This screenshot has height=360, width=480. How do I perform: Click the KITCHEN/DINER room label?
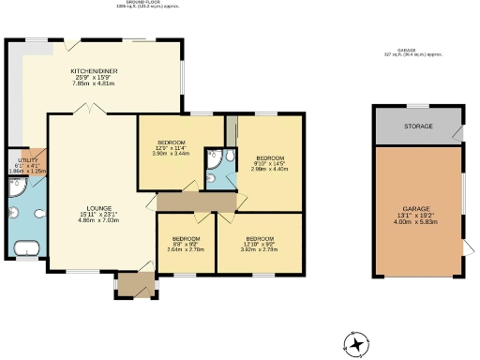click(x=93, y=71)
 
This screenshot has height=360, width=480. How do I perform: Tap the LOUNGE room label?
click(x=99, y=208)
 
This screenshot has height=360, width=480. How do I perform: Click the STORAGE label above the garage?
click(x=418, y=125)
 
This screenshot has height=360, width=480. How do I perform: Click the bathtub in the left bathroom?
click(x=26, y=248)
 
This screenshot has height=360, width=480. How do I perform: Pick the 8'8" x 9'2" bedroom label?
click(x=185, y=244)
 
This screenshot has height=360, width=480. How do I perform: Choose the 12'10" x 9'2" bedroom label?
click(x=259, y=244)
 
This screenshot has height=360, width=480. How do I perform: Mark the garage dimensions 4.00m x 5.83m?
click(x=417, y=221)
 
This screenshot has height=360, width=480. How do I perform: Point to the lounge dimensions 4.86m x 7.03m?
click(x=99, y=221)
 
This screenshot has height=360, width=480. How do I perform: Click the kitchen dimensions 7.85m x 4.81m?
click(x=93, y=84)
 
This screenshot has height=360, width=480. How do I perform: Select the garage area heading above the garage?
click(x=413, y=52)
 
